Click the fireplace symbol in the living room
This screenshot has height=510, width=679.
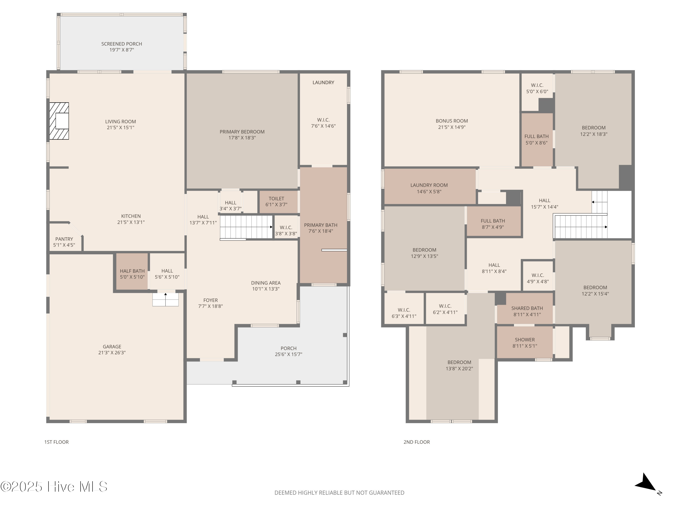coord(59,121)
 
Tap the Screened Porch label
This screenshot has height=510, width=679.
coord(122,44)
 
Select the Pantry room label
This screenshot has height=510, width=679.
coord(64,239)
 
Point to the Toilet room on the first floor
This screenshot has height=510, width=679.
coord(278,202)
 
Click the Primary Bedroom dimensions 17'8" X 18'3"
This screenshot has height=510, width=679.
coord(242,138)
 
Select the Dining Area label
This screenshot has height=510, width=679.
coord(266,283)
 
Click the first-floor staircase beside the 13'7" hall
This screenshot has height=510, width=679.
coord(246,227)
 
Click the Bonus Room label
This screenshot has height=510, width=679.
coord(452,121)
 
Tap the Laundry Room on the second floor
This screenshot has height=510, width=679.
coord(430,187)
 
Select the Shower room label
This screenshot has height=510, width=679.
coord(525,340)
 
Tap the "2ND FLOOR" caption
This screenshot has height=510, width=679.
coord(416,442)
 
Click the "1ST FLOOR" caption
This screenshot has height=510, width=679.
coord(57,442)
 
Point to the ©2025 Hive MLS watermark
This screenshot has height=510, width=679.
coord(54,487)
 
